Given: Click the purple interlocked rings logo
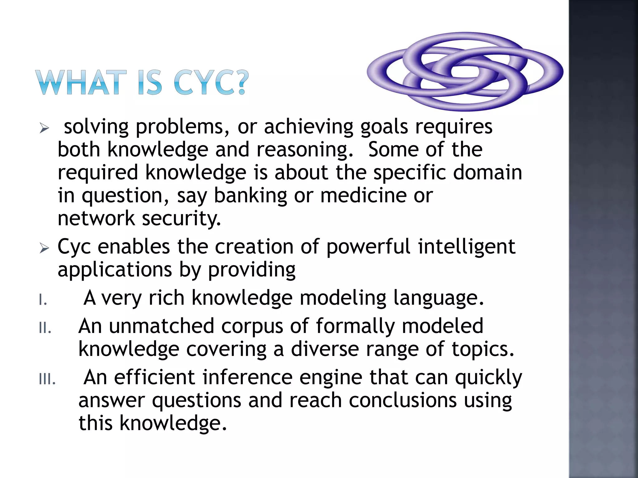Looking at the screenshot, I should click(465, 72).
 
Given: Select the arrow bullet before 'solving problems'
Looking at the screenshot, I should click(44, 128).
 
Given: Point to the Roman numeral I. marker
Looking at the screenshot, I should click(43, 300).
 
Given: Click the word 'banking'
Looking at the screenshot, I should click(250, 196).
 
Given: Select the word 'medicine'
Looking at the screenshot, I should click(363, 196).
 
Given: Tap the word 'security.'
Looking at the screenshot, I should click(181, 218).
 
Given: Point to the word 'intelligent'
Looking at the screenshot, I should click(466, 246).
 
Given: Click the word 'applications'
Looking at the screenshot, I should click(115, 270).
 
